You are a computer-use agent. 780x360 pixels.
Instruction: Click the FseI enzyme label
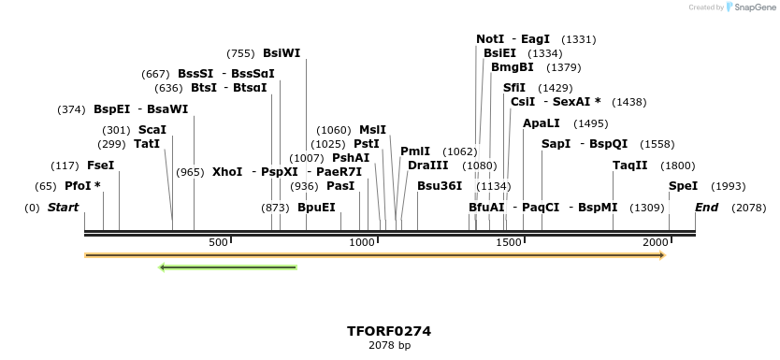(x=100, y=166)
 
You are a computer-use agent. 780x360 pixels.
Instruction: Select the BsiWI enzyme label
(x=282, y=53)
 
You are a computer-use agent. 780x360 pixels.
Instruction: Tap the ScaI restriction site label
(x=152, y=130)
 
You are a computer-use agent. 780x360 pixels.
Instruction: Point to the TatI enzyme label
(x=147, y=144)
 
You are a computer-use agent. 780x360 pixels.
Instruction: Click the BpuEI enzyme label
(x=316, y=208)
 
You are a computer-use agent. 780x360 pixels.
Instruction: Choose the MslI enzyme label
(x=372, y=130)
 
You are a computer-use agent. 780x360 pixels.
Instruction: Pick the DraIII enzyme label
(x=427, y=166)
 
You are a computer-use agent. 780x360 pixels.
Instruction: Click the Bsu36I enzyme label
(x=440, y=186)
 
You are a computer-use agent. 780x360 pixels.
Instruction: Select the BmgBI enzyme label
(x=513, y=67)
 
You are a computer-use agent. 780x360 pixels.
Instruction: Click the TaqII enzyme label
(x=629, y=166)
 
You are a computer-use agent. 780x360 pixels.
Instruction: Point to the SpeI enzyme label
(x=683, y=186)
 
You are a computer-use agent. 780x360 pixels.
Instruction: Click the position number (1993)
(x=729, y=186)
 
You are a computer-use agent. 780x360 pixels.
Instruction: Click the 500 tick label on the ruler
(x=218, y=242)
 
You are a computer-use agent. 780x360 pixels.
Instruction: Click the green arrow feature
(x=228, y=267)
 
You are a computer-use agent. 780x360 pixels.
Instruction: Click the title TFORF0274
(x=389, y=331)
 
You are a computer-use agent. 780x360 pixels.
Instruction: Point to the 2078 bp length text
(x=389, y=345)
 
